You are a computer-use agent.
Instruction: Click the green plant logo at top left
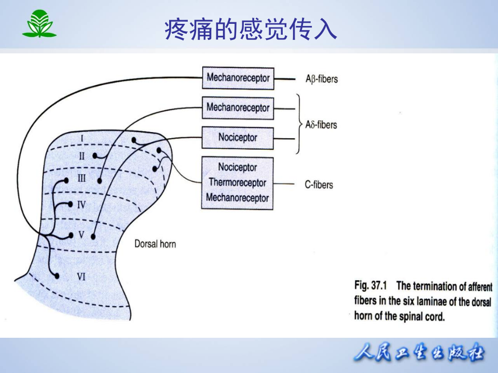click(39, 24)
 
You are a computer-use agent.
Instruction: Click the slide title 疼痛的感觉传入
click(251, 30)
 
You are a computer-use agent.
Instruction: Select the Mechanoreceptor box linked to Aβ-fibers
click(238, 78)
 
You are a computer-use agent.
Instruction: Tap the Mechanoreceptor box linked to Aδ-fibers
click(238, 108)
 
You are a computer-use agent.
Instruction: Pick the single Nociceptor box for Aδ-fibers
click(238, 138)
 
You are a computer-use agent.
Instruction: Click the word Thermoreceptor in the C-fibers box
click(238, 182)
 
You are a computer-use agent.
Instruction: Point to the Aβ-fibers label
click(322, 79)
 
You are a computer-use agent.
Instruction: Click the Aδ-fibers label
click(321, 125)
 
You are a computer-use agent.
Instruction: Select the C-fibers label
click(319, 185)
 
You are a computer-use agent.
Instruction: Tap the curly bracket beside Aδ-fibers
click(298, 124)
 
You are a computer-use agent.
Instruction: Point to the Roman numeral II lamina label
click(81, 156)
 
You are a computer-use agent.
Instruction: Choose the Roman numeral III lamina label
click(81, 179)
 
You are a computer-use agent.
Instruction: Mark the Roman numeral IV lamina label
click(81, 205)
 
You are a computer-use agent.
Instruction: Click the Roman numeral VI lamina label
click(81, 277)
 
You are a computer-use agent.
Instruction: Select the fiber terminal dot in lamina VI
click(57, 276)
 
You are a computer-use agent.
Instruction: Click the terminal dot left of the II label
click(95, 155)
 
